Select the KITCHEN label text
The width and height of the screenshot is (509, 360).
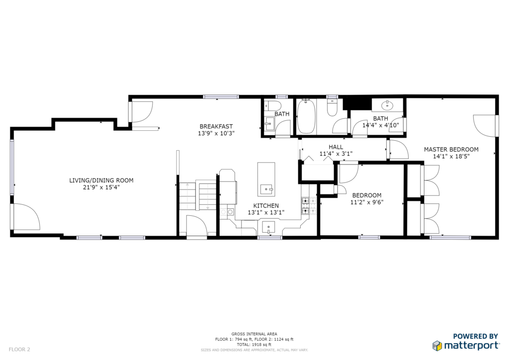click(x=266, y=205)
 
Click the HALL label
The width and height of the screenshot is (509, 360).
click(x=336, y=147)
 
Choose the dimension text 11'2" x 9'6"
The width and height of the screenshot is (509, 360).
click(x=367, y=202)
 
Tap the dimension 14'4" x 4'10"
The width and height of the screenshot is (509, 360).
click(x=380, y=125)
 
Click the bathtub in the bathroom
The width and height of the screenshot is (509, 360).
click(x=306, y=116)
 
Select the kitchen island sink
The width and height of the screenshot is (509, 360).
click(x=266, y=188)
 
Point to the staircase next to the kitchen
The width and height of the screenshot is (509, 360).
click(x=197, y=196)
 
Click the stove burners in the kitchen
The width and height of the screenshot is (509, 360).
click(x=306, y=205)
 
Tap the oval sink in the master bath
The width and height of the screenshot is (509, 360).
click(x=387, y=105)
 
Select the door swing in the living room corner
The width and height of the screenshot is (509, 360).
click(x=27, y=216)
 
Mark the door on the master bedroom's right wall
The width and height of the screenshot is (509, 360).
click(x=484, y=126)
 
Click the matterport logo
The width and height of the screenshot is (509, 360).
click(x=466, y=346)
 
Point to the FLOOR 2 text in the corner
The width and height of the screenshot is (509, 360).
click(x=19, y=350)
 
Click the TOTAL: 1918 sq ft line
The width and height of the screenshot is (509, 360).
click(x=254, y=345)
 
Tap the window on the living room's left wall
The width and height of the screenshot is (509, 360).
click(x=12, y=167)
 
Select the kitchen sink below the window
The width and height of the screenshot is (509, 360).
click(x=268, y=227)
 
